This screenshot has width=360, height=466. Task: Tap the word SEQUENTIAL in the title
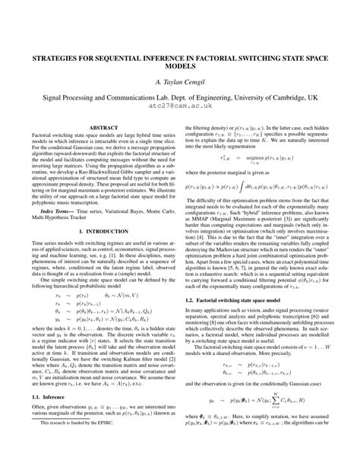128,56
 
